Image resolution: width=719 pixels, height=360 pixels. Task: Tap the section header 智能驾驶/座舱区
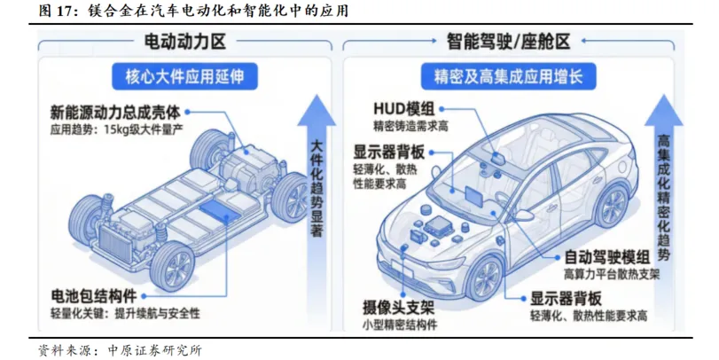click(507, 42)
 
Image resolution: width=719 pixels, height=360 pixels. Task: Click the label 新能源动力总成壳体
click(115, 113)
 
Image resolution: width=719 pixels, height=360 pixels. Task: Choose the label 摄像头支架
click(398, 308)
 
